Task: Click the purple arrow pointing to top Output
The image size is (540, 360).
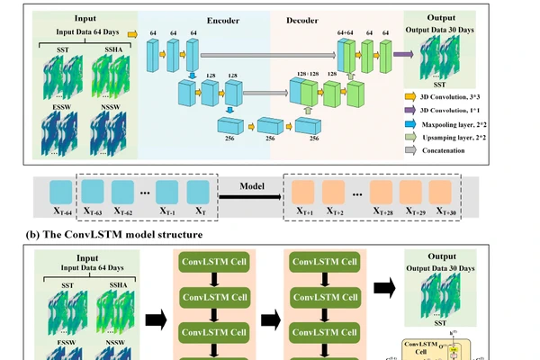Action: coord(400,54)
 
